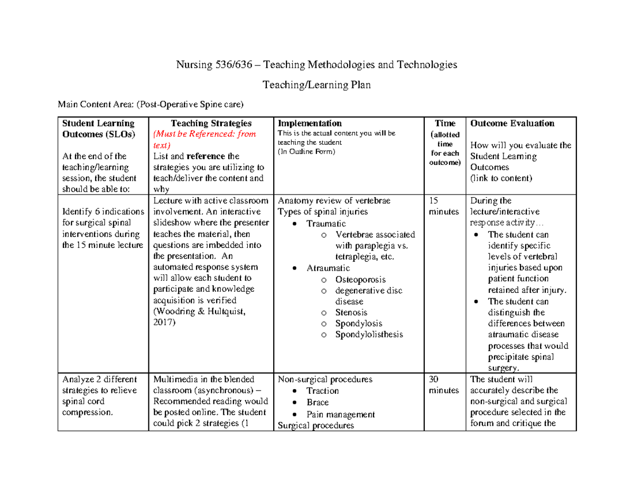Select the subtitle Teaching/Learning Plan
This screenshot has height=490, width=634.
pyautogui.click(x=316, y=85)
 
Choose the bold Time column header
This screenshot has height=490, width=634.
pyautogui.click(x=445, y=123)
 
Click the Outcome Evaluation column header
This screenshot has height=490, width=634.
pyautogui.click(x=512, y=123)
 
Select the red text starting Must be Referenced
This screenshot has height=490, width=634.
pyautogui.click(x=204, y=140)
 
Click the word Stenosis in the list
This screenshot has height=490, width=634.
pyautogui.click(x=351, y=312)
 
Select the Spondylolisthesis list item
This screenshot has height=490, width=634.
pyautogui.click(x=369, y=335)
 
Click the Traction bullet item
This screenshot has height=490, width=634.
pyautogui.click(x=322, y=391)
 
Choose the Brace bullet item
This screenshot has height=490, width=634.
pyautogui.click(x=318, y=402)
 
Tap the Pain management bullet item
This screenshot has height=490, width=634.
pyautogui.click(x=340, y=414)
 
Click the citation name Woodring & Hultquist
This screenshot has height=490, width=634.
pyautogui.click(x=199, y=311)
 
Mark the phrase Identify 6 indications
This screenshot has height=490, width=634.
pyautogui.click(x=103, y=212)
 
